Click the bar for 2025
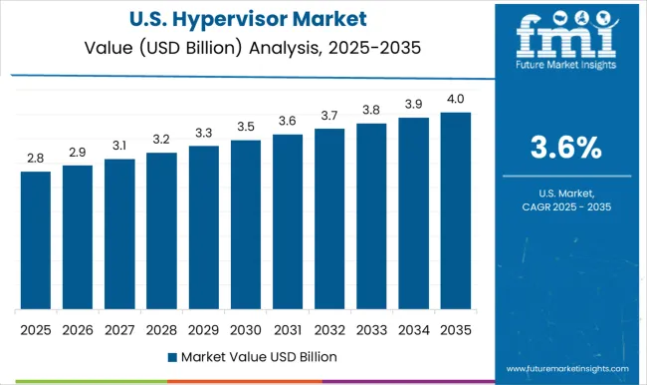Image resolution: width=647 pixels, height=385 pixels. pyautogui.click(x=35, y=240)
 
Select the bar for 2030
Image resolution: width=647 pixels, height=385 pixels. pyautogui.click(x=245, y=224)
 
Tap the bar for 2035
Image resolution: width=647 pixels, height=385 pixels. pyautogui.click(x=455, y=210)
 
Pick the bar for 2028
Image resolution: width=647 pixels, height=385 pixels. pyautogui.click(x=161, y=230)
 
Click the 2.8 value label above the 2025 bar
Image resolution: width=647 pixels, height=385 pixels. pyautogui.click(x=35, y=159)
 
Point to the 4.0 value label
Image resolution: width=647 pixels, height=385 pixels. pyautogui.click(x=455, y=100)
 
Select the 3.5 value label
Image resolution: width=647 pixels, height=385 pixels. pyautogui.click(x=245, y=128)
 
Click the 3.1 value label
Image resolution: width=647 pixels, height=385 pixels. pyautogui.click(x=119, y=147)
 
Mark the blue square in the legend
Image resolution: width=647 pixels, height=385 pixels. pyautogui.click(x=172, y=356)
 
